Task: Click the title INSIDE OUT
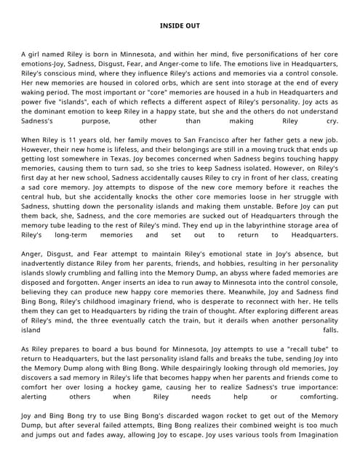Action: click(x=180, y=25)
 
